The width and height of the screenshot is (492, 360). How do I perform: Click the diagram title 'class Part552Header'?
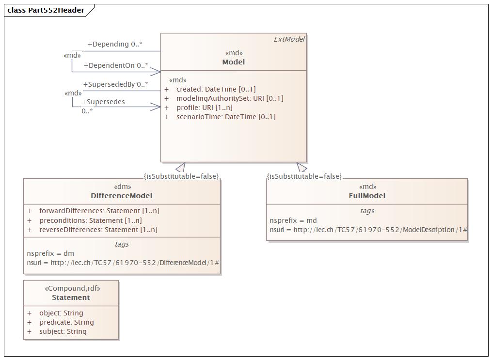pyautogui.click(x=46, y=10)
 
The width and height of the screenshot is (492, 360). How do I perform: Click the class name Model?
pyautogui.click(x=234, y=62)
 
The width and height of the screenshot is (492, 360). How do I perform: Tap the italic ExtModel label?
pyautogui.click(x=289, y=39)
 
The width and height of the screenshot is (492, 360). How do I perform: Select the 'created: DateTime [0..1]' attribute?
pyautogui.click(x=216, y=89)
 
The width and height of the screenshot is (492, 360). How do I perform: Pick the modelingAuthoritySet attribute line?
pyautogui.click(x=230, y=98)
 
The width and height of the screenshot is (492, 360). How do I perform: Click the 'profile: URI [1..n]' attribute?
pyautogui.click(x=204, y=108)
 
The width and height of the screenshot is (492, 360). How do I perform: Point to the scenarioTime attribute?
pyautogui.click(x=226, y=117)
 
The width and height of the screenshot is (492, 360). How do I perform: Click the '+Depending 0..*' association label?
pyautogui.click(x=115, y=44)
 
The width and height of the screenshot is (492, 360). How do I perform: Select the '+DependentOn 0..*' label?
pyautogui.click(x=116, y=65)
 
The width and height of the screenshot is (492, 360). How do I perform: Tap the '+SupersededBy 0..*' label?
pyautogui.click(x=115, y=84)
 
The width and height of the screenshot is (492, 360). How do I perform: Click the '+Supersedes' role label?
pyautogui.click(x=103, y=102)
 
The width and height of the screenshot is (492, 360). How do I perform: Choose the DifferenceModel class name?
pyautogui.click(x=122, y=196)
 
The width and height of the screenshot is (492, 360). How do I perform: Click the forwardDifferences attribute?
pyautogui.click(x=99, y=211)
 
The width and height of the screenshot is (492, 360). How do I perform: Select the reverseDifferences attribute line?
pyautogui.click(x=98, y=230)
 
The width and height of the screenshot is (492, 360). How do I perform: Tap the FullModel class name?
pyautogui.click(x=367, y=196)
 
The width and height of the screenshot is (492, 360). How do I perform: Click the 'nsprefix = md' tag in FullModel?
pyautogui.click(x=293, y=220)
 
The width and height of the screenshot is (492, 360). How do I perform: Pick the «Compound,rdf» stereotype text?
pyautogui.click(x=73, y=288)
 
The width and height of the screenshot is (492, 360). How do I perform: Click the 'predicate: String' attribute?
pyautogui.click(x=66, y=322)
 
